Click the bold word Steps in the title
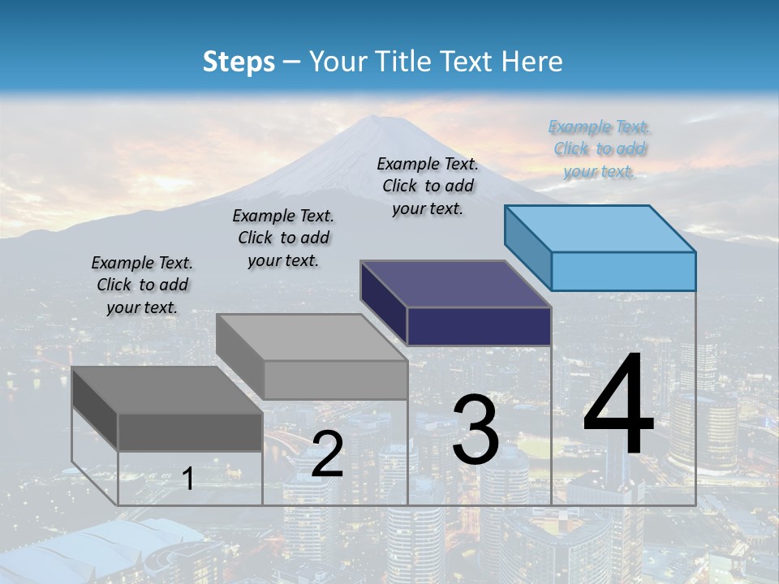click(239, 62)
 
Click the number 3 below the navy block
click(476, 430)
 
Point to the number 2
click(327, 454)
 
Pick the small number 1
click(187, 479)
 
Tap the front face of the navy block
click(479, 326)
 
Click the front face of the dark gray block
click(190, 432)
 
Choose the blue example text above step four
click(599, 148)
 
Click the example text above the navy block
click(428, 186)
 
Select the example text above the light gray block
click(283, 238)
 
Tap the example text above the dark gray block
click(142, 285)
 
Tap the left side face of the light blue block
click(528, 246)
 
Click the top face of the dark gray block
click(166, 389)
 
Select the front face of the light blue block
click(623, 271)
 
